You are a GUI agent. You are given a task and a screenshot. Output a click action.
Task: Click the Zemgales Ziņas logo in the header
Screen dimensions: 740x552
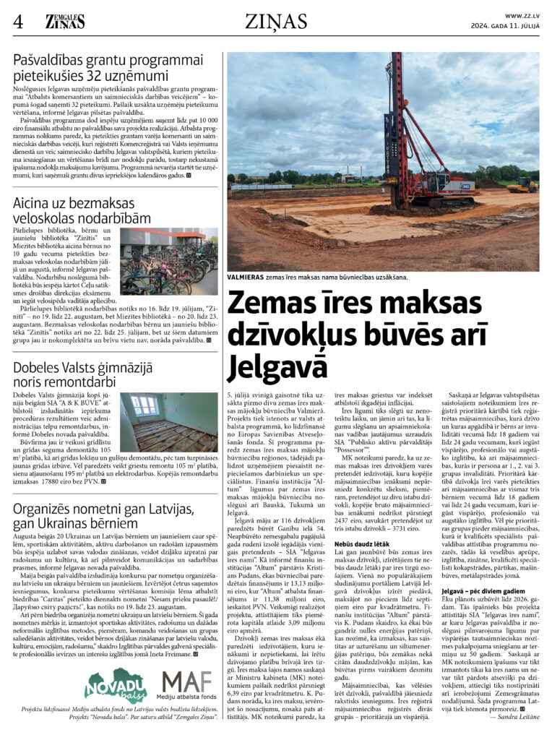coord(65,22)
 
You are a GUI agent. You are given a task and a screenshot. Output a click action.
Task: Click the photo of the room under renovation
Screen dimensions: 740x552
coord(168,423)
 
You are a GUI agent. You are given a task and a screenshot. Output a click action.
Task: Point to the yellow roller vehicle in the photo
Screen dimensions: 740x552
coord(521,186)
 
